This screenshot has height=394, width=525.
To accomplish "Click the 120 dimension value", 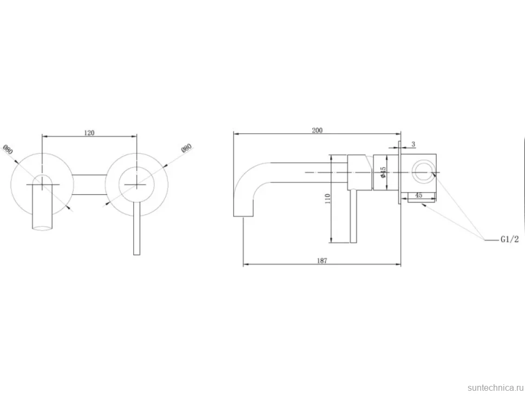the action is (89, 133).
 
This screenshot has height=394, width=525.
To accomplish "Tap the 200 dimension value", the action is (317, 130).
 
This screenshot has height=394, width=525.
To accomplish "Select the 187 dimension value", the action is (321, 260).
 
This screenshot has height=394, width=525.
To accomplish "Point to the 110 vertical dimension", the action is (328, 199).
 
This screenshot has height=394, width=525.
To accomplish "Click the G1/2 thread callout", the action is (510, 239).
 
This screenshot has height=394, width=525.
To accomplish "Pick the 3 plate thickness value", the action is (414, 144).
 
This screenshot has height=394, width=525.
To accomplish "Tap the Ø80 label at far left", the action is (8, 149).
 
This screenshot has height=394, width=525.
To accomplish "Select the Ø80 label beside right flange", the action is (187, 148).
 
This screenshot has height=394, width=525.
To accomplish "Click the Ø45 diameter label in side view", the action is (383, 172).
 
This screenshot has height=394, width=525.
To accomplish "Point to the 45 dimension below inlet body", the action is (418, 195).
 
